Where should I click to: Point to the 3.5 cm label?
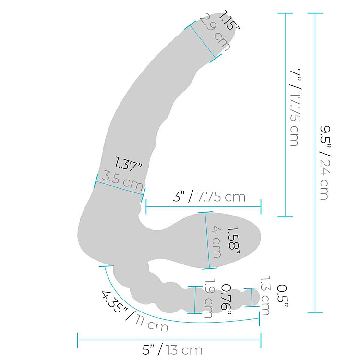pos(123,182)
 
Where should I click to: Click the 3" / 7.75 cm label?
pos(209,197)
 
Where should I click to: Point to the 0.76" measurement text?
pos(226,300)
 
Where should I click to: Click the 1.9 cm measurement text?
pos(209,300)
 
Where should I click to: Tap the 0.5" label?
pos(282,296)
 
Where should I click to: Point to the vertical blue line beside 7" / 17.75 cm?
pos(285,115)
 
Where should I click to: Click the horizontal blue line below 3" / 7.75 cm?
pos(203,207)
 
